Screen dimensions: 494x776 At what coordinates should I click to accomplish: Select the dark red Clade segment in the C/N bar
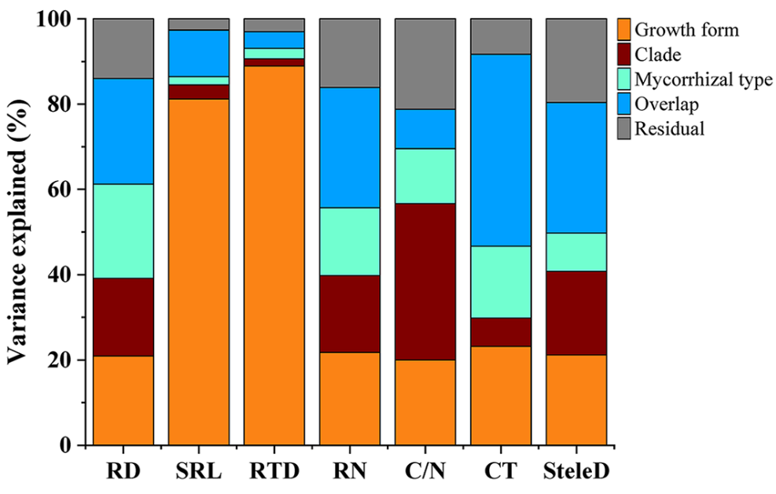(425, 282)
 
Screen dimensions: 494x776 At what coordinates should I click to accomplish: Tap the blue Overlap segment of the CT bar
(500, 150)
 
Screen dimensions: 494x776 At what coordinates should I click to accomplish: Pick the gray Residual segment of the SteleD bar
(576, 61)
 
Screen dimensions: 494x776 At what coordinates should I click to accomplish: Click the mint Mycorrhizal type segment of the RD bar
(123, 231)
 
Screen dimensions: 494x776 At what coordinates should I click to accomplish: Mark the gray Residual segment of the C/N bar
(425, 64)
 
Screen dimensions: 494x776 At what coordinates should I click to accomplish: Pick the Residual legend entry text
(669, 128)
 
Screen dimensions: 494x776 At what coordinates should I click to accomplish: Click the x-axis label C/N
(425, 472)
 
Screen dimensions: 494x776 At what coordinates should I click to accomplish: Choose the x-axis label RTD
(274, 472)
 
